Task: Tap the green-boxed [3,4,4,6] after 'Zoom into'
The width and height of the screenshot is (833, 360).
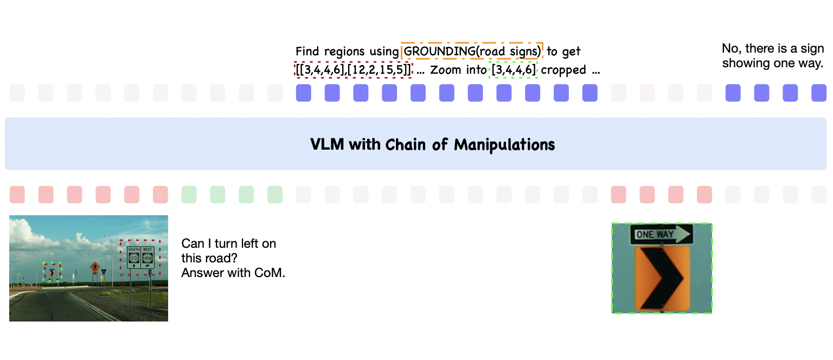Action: click(513, 70)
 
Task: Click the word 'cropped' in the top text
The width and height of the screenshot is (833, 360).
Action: click(563, 70)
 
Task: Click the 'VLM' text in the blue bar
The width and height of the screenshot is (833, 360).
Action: click(327, 145)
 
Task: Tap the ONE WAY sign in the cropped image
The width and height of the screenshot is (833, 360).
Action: click(661, 235)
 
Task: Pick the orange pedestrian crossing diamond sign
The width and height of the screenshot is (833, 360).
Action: click(95, 266)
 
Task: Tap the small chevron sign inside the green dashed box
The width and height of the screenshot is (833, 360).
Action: click(52, 273)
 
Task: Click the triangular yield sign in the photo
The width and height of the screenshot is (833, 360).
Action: click(103, 272)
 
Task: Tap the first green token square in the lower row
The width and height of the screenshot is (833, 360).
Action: click(189, 194)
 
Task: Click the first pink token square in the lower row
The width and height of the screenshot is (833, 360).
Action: click(17, 194)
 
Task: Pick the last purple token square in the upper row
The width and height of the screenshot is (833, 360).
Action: click(818, 93)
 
